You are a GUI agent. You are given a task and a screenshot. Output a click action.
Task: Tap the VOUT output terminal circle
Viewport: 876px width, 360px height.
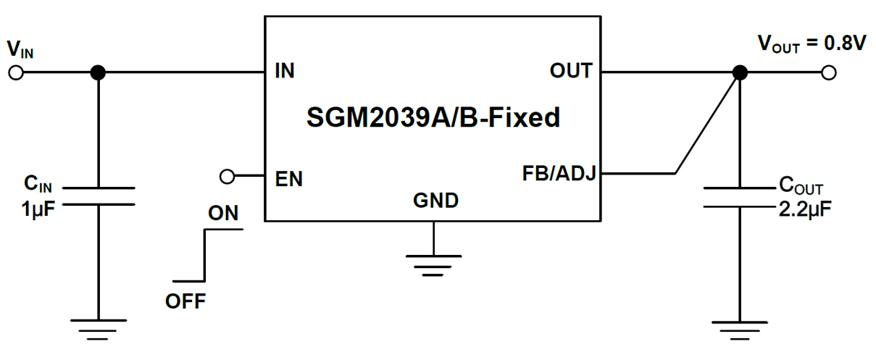tap(830, 72)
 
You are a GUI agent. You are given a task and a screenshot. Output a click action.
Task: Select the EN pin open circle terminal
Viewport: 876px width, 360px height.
tap(228, 176)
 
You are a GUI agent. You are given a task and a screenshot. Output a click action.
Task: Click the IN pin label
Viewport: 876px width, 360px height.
tap(285, 72)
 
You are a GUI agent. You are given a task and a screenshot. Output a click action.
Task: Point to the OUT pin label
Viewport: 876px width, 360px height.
tap(571, 72)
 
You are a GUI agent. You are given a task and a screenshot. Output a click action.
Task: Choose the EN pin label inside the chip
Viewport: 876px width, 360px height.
tap(289, 178)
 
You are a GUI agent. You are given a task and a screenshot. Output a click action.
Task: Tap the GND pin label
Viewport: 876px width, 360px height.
tap(435, 201)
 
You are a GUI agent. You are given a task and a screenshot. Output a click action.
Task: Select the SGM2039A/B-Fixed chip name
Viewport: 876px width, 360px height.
tap(433, 117)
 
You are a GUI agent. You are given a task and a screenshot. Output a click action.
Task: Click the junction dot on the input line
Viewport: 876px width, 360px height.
tap(98, 72)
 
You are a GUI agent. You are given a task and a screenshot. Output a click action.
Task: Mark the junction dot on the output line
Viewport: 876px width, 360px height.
tap(739, 72)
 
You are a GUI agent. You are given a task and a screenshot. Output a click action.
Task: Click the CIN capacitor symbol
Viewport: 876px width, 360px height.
tap(98, 196)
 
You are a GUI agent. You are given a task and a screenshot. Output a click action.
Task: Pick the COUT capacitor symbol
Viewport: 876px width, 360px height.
tap(739, 196)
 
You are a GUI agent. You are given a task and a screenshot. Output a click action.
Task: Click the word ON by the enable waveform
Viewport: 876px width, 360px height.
tap(223, 214)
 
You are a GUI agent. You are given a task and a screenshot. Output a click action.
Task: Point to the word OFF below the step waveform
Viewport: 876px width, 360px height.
tap(185, 301)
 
